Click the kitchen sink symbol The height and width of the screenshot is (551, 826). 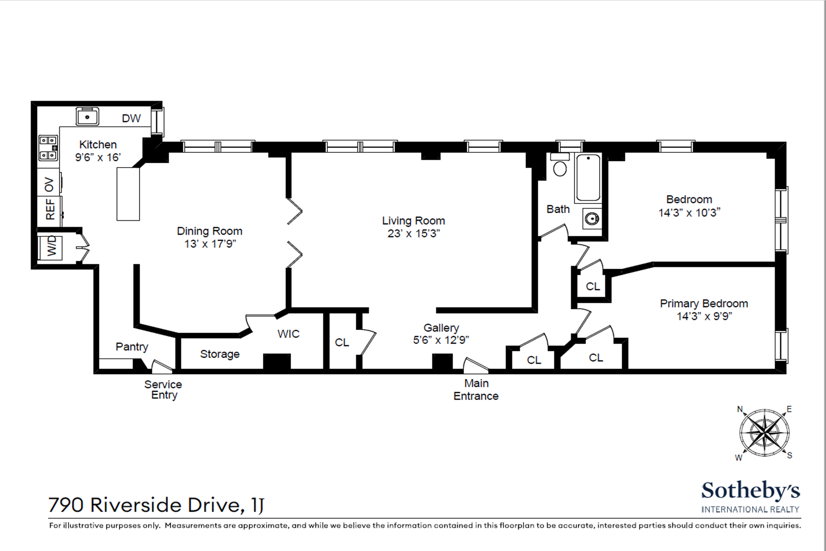tap(87, 117)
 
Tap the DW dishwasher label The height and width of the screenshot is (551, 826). tap(131, 118)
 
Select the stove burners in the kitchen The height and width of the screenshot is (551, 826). tap(48, 148)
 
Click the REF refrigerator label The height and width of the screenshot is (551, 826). tap(50, 209)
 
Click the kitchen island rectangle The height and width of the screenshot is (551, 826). tap(128, 194)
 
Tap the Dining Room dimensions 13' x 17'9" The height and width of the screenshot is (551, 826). tap(210, 244)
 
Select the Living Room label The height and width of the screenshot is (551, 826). tap(413, 221)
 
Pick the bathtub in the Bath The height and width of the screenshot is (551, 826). tap(588, 178)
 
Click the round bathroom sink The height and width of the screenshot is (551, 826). tap(592, 219)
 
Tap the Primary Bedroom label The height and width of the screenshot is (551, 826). tap(703, 304)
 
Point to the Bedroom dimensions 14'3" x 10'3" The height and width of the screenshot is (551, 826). tap(689, 213)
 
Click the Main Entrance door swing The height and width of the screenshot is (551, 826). tap(474, 365)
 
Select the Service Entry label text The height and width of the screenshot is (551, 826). tap(163, 390)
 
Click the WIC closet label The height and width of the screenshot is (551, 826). tap(288, 334)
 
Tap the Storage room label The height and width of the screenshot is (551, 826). tap(220, 354)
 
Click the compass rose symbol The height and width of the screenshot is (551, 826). tap(764, 433)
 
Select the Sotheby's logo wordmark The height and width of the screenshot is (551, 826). tap(750, 491)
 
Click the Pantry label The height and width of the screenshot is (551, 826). tap(132, 347)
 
